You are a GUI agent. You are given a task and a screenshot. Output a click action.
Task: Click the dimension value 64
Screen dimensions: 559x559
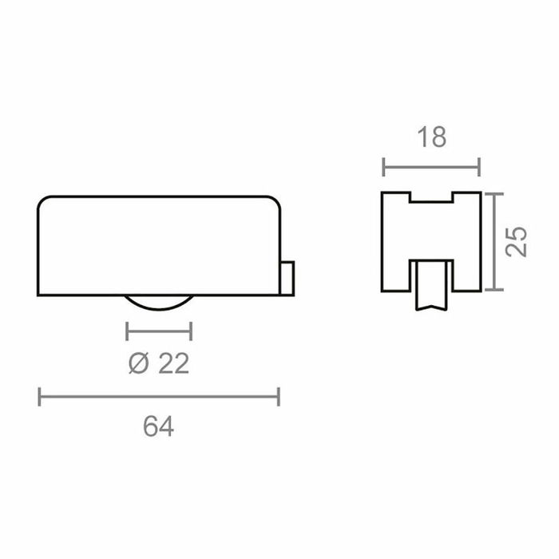(x=159, y=427)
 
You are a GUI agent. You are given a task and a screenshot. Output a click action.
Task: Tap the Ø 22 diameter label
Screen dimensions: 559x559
(x=158, y=364)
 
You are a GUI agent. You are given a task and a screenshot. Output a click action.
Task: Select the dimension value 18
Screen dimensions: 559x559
(x=431, y=138)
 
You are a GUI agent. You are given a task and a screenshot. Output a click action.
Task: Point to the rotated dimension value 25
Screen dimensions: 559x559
(x=517, y=241)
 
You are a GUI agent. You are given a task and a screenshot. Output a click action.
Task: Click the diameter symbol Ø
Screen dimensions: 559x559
(x=137, y=364)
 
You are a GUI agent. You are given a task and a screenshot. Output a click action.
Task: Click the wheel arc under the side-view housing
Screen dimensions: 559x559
(x=159, y=304)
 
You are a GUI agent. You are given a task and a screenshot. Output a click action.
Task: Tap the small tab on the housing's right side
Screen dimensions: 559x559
(x=289, y=277)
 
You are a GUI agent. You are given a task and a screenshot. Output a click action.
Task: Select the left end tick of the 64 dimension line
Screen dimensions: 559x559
(x=39, y=396)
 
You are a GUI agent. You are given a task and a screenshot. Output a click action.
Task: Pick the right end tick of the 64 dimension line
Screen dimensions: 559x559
(x=279, y=396)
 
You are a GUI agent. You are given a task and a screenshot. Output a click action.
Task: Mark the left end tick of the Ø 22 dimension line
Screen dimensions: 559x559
(x=128, y=331)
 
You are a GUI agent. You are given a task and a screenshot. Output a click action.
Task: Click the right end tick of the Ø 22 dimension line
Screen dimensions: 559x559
(x=191, y=331)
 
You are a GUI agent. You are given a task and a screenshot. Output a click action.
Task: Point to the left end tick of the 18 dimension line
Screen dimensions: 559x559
(x=384, y=168)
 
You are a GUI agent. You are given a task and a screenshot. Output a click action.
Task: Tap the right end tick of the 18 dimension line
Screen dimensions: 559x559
(x=479, y=168)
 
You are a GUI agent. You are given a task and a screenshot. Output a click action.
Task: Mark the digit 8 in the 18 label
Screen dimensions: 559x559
(x=438, y=138)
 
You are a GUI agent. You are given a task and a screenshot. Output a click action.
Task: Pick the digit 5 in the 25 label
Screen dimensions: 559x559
(x=517, y=233)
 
